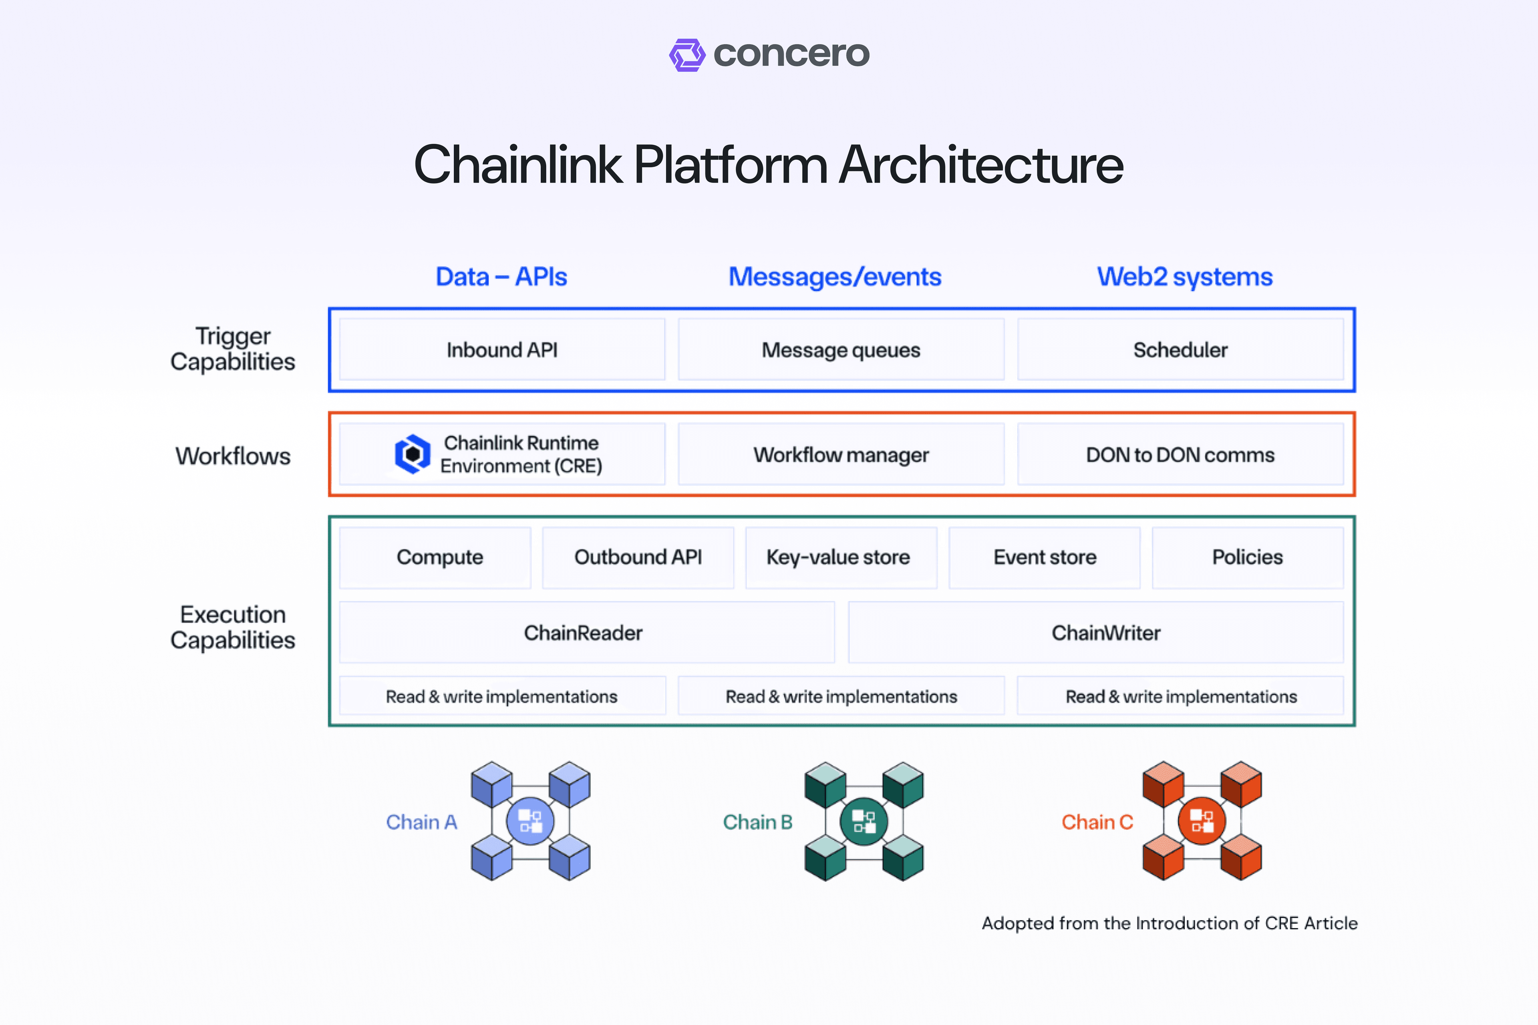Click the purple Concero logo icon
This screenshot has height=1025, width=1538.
pos(686,55)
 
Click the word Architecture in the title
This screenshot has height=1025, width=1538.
pos(981,165)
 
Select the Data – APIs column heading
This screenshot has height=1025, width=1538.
pos(501,277)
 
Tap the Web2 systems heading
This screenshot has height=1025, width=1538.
pos(1184,277)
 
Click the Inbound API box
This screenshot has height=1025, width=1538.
pos(501,350)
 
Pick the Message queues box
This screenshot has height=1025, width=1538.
pos(841,350)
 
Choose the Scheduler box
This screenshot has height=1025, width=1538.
pos(1180,350)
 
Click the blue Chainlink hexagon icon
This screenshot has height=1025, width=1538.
pos(413,454)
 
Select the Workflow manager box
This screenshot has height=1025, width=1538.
pos(841,454)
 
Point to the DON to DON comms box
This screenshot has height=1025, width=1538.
pos(1180,454)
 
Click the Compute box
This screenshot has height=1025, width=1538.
pos(439,557)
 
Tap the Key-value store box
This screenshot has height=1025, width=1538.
pos(838,557)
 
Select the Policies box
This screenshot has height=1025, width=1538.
pos(1247,557)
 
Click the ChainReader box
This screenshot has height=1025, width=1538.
pos(583,633)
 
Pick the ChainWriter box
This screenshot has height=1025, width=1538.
pos(1106,633)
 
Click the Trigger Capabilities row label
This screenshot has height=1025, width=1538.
pos(233,349)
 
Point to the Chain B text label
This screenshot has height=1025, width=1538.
pos(757,822)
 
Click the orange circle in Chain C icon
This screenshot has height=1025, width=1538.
pos(1201,821)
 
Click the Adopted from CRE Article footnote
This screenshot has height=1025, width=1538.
pos(1169,923)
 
